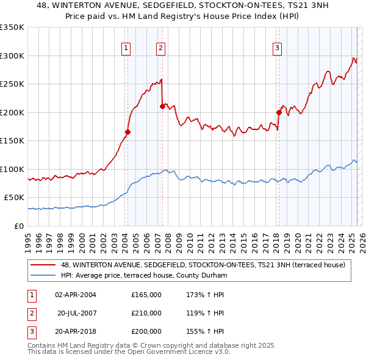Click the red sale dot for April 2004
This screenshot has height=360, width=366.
[x=128, y=132]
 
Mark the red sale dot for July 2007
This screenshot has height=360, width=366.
[x=162, y=106]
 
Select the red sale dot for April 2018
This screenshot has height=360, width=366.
[x=279, y=112]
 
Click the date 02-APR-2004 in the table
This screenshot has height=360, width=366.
[x=76, y=295]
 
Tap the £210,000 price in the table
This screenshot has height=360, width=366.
[x=146, y=313]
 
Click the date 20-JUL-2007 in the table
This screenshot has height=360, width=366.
[x=77, y=313]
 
